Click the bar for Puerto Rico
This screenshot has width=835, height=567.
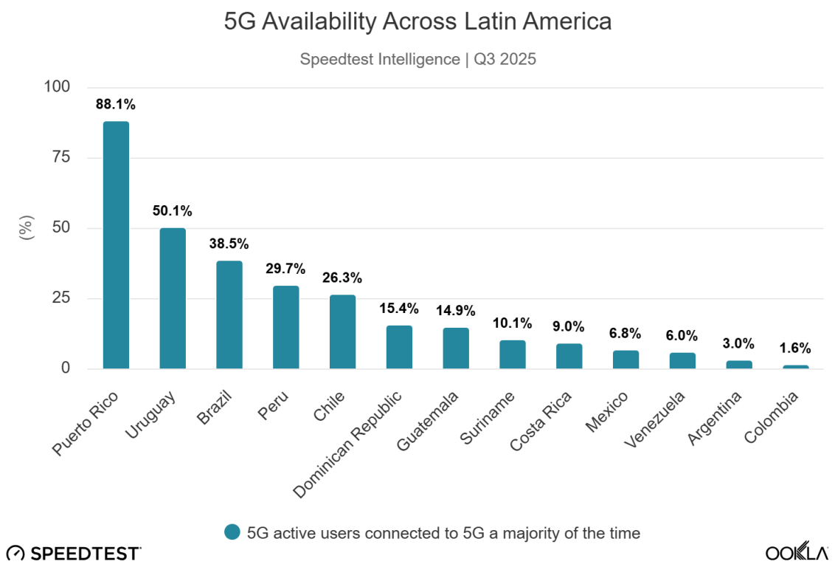coord(116,244)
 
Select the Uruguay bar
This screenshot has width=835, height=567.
coord(173,298)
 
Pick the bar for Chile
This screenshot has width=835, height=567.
coord(342,331)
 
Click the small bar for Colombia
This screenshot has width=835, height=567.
coord(796,366)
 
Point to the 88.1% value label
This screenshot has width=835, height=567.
coord(116,105)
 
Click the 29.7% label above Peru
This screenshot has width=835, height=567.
coord(285,269)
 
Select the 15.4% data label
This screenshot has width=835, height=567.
coord(399,309)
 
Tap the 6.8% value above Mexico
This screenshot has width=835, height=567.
coord(626,334)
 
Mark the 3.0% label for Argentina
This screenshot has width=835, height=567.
coord(739,343)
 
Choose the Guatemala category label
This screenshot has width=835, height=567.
coord(429,421)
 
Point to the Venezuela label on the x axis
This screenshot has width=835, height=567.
coord(656,419)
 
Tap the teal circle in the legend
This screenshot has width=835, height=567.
coord(233,532)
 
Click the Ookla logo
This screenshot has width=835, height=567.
coord(796,552)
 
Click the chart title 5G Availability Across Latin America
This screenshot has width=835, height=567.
coord(417,22)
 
